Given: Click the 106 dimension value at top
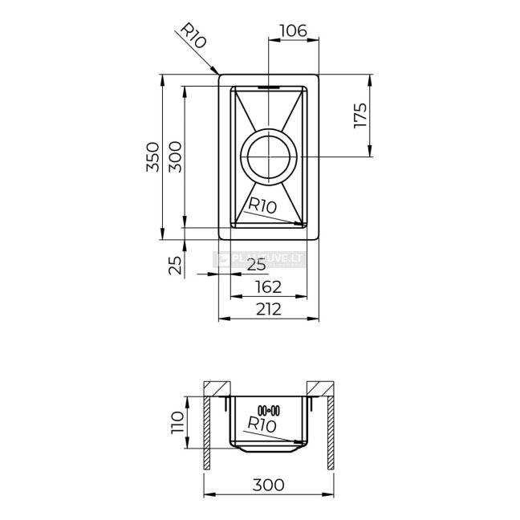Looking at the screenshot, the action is coord(294,30).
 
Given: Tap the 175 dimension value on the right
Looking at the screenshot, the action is coord(361,116).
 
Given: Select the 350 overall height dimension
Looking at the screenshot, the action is coord(152,156).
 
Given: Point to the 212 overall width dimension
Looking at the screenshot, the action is coord(269,310).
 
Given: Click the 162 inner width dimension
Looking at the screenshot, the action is coord(269,287).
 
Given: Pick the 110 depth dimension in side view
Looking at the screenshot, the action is coord(177,422).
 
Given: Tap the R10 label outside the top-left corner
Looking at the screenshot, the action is coord(193,35).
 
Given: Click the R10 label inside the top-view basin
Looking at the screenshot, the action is coord(262,205).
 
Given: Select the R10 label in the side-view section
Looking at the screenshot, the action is coord(262,425).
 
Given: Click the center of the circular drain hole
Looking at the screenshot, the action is coord(269,156).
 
